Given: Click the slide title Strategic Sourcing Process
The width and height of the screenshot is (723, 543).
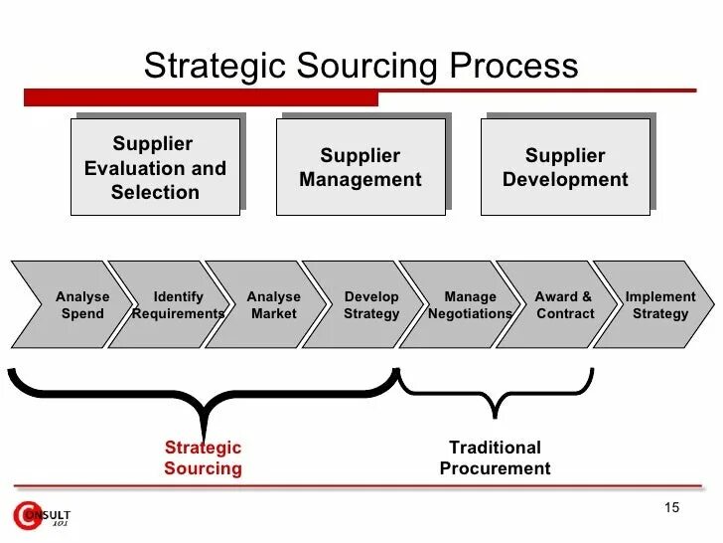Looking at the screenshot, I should pos(361,66).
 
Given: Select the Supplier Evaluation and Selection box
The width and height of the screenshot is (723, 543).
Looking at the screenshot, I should pos(155,167).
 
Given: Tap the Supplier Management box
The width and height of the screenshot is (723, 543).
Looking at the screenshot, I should pos(361,167).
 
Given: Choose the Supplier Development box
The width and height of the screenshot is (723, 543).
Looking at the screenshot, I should pos(565,167).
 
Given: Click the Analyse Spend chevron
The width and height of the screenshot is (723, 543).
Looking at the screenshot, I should pos(79,304).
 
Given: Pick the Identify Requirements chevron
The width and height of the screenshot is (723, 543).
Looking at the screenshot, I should pos(178,304).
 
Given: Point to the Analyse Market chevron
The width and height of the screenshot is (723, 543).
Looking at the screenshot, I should pos(273,304).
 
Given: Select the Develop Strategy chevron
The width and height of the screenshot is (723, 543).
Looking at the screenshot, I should pos(371,304).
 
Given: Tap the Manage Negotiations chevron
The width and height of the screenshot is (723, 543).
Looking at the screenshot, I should pos(470,304).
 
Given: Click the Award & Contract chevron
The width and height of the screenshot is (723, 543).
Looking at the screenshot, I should pos(564,304).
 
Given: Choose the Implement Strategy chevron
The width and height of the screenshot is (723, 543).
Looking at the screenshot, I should pos(660,304).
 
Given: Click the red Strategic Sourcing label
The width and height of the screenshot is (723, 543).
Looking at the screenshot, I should pos(203,457).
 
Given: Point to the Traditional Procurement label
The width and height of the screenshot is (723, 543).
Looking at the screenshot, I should pos(495,457).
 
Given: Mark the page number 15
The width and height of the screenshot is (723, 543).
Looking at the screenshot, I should pos(671,508).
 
